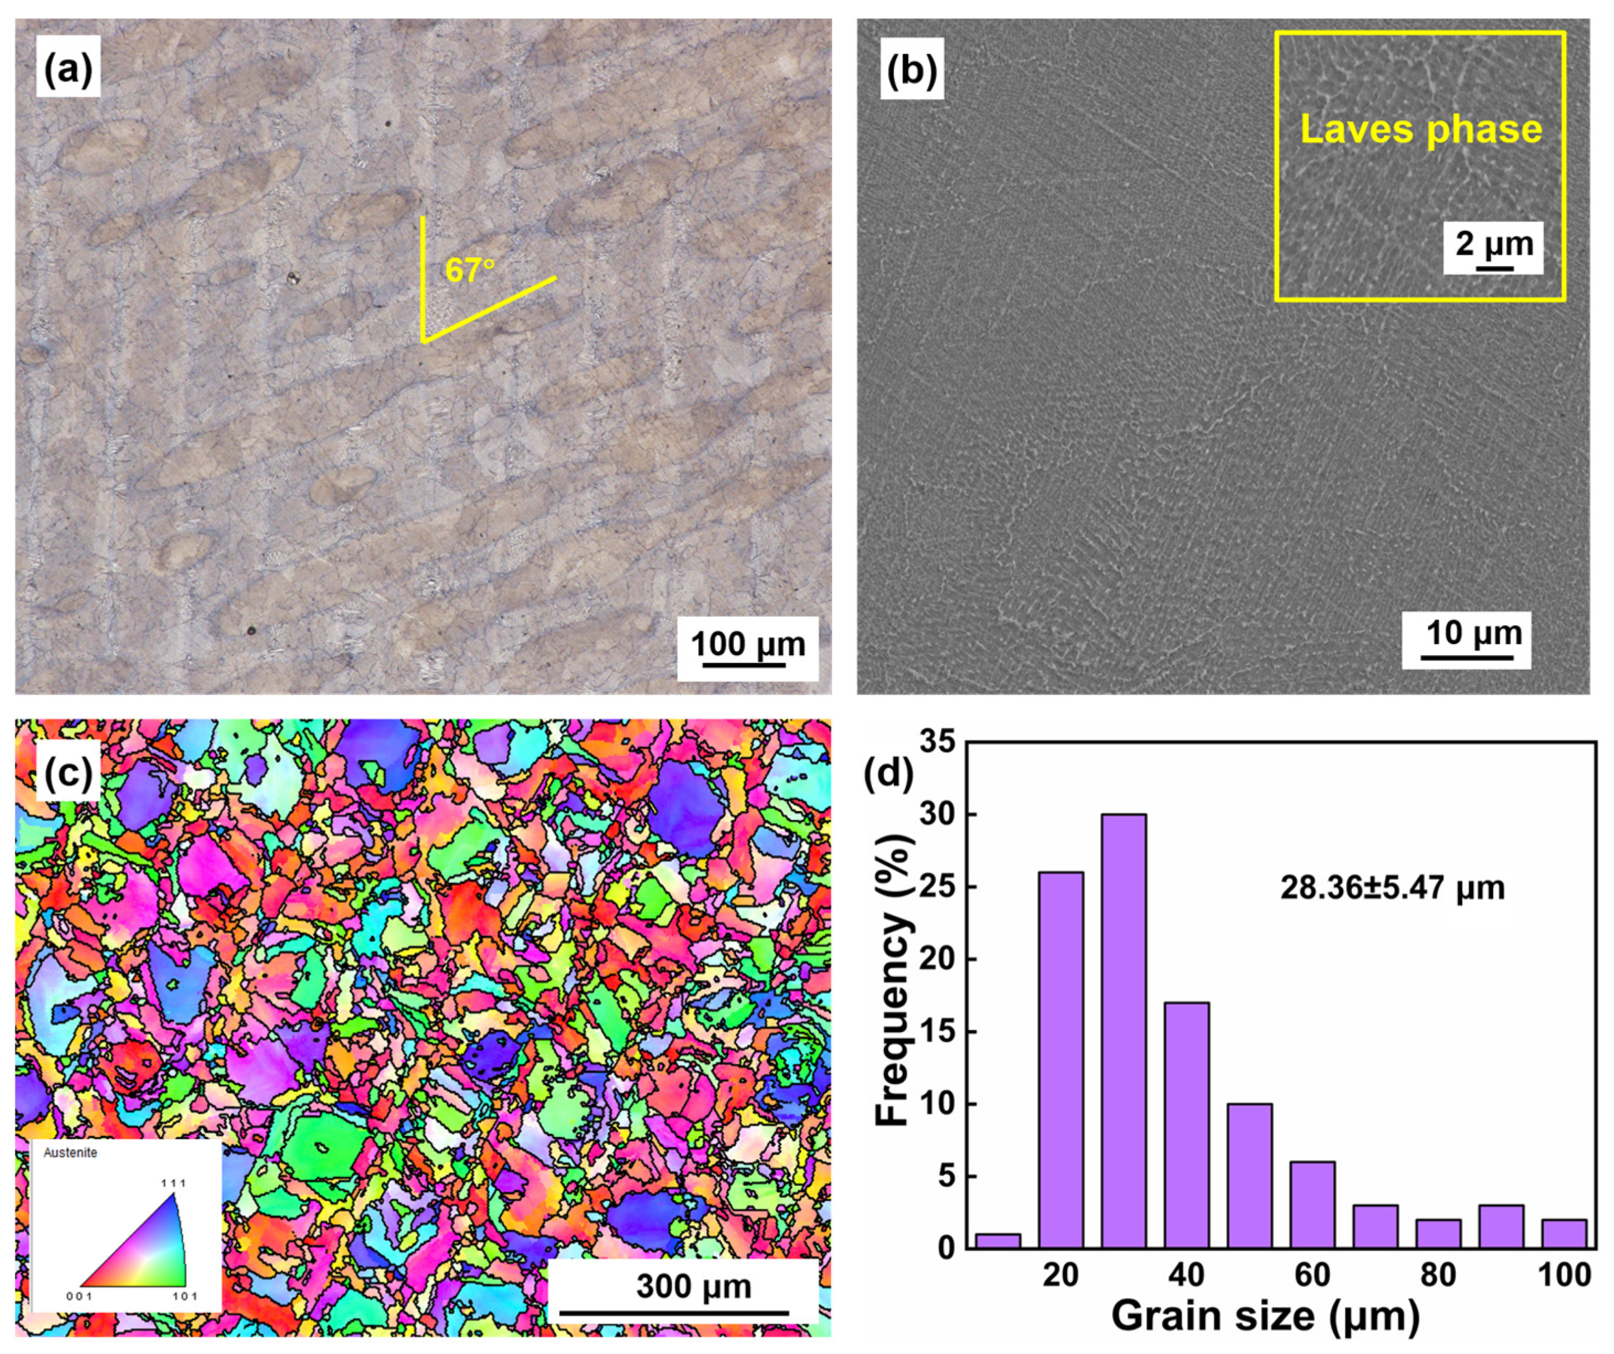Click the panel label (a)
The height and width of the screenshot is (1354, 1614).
coord(67,71)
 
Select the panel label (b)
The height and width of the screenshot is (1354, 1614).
coord(912,71)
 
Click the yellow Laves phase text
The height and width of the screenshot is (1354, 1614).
coord(1420,129)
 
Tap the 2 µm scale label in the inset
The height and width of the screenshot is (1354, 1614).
coord(1493,244)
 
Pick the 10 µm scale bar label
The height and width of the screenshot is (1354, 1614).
coord(1474,633)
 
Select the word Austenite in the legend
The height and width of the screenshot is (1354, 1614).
coord(71,1153)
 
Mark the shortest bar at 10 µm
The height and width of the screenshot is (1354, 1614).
coord(998,1240)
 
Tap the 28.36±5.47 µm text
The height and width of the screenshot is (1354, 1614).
coord(1392,888)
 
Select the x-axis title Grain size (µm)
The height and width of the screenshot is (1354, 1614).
coord(1265,1316)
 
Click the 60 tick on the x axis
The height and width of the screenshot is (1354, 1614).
coord(1312,1275)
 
